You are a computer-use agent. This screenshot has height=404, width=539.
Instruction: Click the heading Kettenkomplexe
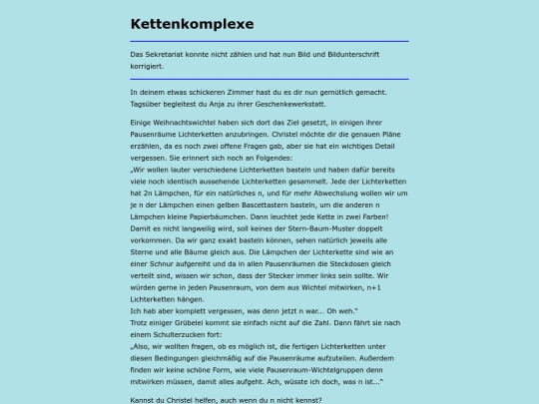(192, 23)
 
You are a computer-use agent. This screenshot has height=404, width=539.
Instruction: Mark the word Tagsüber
(148, 104)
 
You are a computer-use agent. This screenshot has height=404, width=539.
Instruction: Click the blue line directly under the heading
(269, 41)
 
